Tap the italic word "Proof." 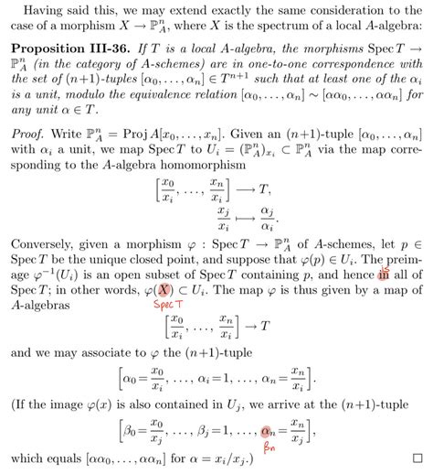pos(31,156)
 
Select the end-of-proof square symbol pos(417,456)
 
